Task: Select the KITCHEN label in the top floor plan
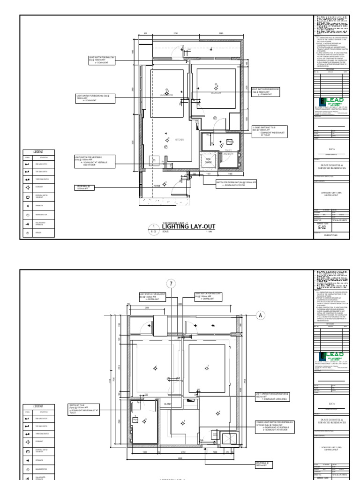(x=180, y=140)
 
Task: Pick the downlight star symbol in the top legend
(x=28, y=187)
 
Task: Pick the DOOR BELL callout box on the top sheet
(x=85, y=187)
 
